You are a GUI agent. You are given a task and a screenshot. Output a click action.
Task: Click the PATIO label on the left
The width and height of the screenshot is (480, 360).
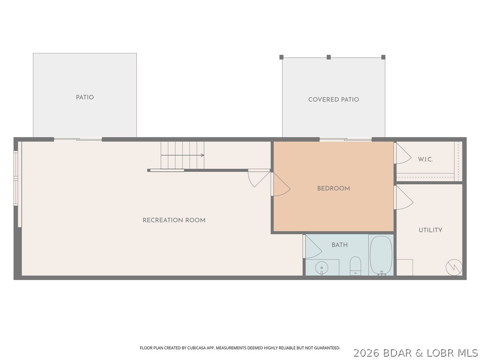click(x=85, y=97)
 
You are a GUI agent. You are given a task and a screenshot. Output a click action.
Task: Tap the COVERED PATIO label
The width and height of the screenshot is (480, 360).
click(x=333, y=99)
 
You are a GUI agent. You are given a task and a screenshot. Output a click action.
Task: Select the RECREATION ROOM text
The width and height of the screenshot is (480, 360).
click(x=174, y=220)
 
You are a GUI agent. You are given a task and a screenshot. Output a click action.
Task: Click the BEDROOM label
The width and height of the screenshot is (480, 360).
click(x=333, y=188)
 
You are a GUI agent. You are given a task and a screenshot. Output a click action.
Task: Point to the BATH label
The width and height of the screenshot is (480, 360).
click(x=339, y=245)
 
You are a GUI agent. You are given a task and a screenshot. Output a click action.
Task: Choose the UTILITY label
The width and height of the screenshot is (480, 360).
click(x=430, y=230)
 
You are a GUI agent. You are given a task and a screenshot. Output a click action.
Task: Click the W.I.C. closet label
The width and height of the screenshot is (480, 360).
click(x=425, y=159)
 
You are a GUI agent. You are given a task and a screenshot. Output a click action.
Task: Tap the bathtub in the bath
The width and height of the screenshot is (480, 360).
click(x=381, y=255)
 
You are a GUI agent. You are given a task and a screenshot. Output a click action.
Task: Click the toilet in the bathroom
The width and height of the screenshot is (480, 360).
click(x=355, y=265)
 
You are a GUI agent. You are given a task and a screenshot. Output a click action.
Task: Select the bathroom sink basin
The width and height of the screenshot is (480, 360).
click(x=322, y=268)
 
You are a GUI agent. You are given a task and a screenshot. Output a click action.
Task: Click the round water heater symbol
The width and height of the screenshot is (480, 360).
click(x=453, y=267)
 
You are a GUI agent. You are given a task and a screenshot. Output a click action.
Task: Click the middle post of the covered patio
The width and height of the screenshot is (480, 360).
click(x=329, y=57)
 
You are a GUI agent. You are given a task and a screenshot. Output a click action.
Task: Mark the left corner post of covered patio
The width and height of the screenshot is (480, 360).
click(x=282, y=57)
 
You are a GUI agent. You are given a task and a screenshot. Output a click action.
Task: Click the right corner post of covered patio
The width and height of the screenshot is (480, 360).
click(x=383, y=57)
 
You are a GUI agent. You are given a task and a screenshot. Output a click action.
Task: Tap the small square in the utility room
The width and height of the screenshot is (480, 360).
click(x=405, y=267)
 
